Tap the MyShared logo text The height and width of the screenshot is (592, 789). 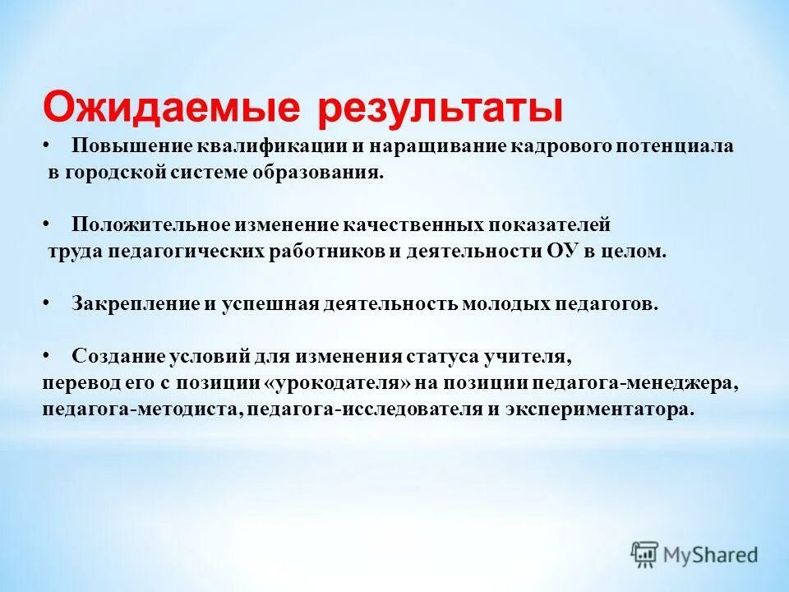click(712, 555)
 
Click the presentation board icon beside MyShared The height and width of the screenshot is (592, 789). click(645, 554)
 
